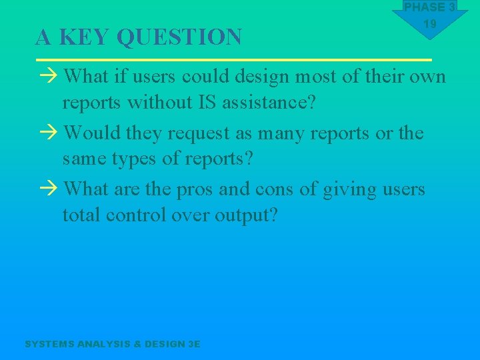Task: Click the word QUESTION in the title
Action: pyautogui.click(x=179, y=37)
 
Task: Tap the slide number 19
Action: pyautogui.click(x=429, y=24)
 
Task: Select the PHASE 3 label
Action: pyautogui.click(x=429, y=7)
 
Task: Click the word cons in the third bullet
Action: pyautogui.click(x=273, y=190)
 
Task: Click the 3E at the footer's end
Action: pyautogui.click(x=194, y=344)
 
